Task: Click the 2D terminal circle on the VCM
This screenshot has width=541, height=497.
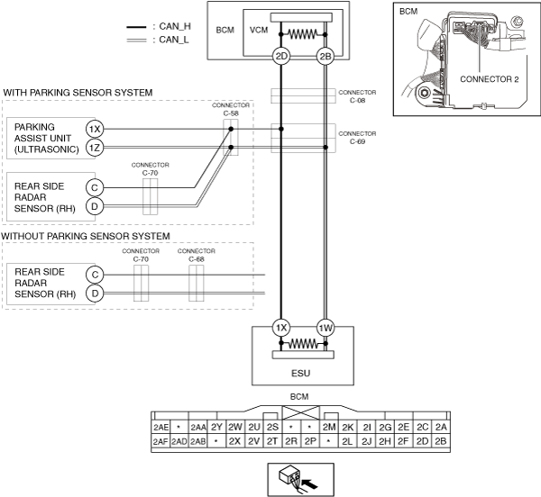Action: (281, 56)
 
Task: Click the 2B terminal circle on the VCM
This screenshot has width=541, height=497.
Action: (325, 56)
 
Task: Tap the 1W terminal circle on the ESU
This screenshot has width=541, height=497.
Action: (325, 328)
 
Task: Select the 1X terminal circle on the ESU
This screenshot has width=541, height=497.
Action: (281, 328)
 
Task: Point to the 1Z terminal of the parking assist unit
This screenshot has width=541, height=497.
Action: (95, 148)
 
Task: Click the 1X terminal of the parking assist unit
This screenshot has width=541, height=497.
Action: (95, 129)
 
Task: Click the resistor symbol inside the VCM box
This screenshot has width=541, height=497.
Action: (303, 34)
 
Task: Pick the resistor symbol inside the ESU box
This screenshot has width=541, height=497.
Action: (303, 343)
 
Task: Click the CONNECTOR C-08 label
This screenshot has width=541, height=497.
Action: (357, 96)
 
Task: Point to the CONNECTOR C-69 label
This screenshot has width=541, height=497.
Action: (357, 138)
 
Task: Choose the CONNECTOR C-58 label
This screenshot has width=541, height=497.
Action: (231, 109)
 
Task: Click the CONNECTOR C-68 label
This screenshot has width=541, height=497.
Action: (197, 255)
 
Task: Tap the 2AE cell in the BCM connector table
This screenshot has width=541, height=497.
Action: (160, 428)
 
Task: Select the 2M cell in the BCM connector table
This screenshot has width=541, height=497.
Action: (329, 428)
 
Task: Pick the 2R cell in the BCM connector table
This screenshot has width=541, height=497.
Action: (291, 441)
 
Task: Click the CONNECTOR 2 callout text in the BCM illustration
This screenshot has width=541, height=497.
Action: (490, 79)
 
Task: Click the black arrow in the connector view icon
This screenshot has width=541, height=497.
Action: (309, 483)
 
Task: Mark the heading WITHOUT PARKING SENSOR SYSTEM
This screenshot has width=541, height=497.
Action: (86, 236)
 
